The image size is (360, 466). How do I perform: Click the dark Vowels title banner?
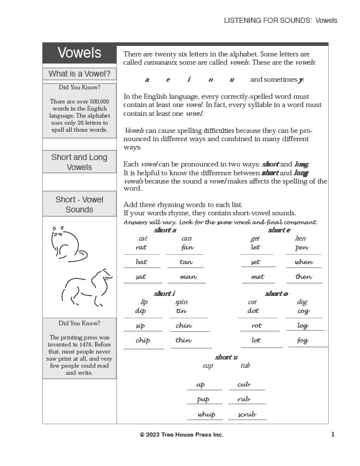coord(79,54)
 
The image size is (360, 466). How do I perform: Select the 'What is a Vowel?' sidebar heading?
coord(79,74)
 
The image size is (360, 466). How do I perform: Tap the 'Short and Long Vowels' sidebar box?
coord(79,162)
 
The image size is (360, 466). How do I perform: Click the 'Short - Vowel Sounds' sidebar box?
coord(79,204)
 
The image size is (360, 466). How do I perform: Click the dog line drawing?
coord(87,286)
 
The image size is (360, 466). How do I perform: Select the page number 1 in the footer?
coord(332,434)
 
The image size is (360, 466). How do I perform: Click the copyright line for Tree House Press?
coord(181,435)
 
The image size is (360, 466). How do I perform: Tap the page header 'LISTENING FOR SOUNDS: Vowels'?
coord(281,21)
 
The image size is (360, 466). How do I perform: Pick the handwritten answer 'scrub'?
coord(247,414)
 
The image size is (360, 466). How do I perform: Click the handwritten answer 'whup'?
coord(206,414)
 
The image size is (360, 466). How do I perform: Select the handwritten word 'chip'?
coord(142,340)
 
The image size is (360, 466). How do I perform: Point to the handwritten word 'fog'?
coord(303,340)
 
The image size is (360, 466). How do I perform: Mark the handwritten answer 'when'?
coord(304,262)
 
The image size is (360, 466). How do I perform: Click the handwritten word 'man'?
coord(188,277)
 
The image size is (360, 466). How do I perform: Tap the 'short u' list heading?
coord(226,357)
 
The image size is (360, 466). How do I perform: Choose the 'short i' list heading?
coord(164,293)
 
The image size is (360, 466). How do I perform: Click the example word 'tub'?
coord(245,365)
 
